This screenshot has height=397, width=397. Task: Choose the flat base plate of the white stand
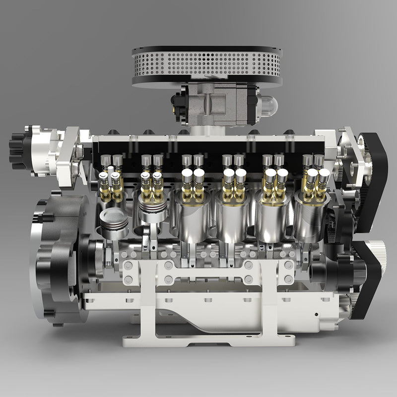(208, 340)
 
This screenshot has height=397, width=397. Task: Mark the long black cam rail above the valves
(208, 147)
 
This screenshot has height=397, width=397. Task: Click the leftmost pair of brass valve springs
(111, 186)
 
